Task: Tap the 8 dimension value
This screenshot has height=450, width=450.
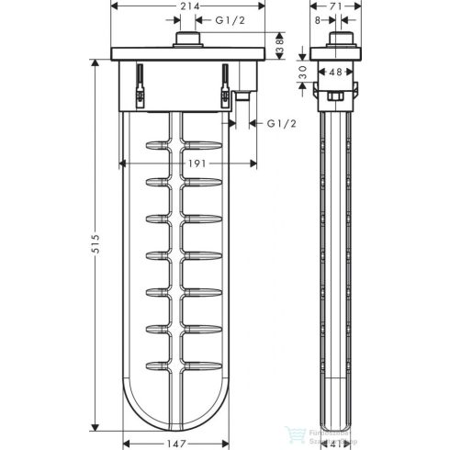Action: coord(318,19)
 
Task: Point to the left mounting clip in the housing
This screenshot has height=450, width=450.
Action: coord(140,84)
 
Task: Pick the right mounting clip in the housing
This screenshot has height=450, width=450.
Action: coord(222,84)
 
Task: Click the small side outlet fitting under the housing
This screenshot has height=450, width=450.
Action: coord(243,94)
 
